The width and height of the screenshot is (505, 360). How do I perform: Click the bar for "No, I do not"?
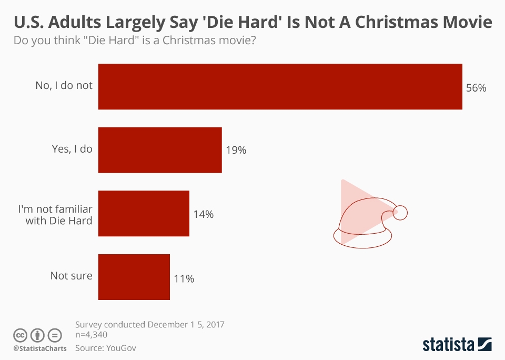coord(280,87)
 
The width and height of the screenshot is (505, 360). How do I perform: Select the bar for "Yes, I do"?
coord(160,150)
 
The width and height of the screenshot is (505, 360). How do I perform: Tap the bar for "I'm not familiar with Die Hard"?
coord(144,213)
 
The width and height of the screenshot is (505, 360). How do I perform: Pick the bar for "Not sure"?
coord(134,277)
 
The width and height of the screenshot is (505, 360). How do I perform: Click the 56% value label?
coord(476,88)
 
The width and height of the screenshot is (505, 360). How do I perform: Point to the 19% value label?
coord(236,151)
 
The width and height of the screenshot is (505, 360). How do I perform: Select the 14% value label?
coord(203,214)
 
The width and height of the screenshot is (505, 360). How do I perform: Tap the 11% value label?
coord(184,278)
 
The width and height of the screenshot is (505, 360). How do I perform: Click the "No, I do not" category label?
coord(64,85)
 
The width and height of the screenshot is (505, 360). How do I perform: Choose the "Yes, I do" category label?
coord(72,149)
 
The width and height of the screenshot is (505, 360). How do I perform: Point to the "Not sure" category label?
coord(71,276)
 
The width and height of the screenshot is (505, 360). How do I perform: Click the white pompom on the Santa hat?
coord(400,212)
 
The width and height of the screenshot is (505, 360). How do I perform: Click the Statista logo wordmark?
coord(448,345)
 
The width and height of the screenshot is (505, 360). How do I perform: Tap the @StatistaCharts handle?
coord(40,348)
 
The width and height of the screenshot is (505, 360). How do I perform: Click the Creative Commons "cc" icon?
coord(20,335)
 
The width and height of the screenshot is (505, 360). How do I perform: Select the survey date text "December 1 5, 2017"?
coord(189,324)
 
